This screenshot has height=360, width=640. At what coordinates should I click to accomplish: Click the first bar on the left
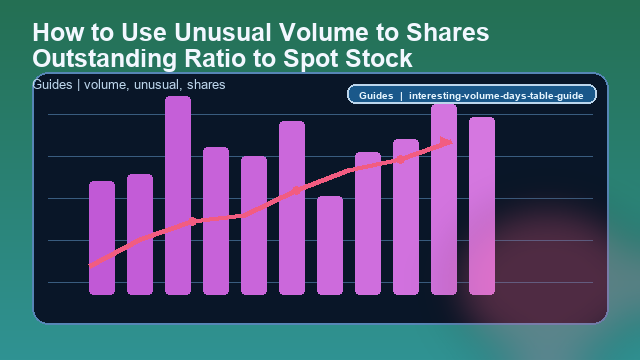tap(102, 238)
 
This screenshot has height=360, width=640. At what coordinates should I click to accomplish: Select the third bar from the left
tap(178, 195)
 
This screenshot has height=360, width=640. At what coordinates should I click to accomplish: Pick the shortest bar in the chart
tap(330, 245)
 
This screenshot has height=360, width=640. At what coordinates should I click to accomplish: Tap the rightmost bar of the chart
tap(482, 205)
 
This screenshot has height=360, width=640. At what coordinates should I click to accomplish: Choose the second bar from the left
tap(140, 234)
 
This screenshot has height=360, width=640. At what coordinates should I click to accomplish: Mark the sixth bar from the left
tap(292, 207)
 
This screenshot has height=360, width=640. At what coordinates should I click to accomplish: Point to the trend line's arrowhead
tap(446, 142)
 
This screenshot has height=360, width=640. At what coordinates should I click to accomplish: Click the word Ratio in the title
tap(222, 57)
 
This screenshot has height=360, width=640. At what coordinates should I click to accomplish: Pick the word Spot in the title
tap(316, 57)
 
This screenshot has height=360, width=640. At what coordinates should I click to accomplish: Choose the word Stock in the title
tap(379, 57)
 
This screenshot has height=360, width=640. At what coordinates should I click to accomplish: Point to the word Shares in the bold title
tap(447, 32)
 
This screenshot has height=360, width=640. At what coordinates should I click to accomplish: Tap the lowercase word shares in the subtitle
tap(206, 85)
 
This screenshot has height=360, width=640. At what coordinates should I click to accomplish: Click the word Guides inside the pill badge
tap(376, 96)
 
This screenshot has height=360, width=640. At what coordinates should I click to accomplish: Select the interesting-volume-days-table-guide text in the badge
tap(496, 96)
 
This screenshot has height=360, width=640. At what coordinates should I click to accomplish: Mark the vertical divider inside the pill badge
tap(401, 96)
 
